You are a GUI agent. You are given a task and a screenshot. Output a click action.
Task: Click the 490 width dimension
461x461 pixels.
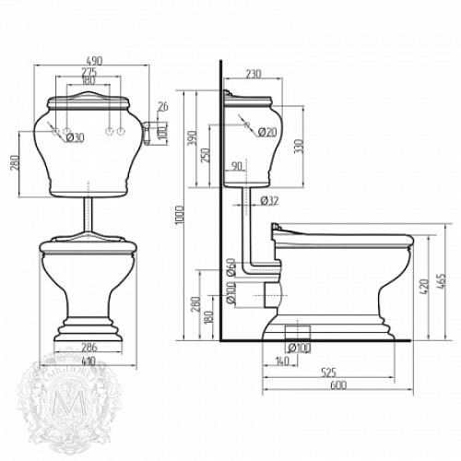click(89, 61)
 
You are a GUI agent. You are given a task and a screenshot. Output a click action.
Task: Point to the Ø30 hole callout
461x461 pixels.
click(73, 138)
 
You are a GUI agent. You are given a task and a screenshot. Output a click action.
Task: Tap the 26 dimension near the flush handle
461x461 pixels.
click(164, 106)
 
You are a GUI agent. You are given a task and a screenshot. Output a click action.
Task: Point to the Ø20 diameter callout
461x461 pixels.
click(268, 132)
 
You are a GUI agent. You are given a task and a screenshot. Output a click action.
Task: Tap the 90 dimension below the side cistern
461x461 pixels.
click(236, 166)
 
